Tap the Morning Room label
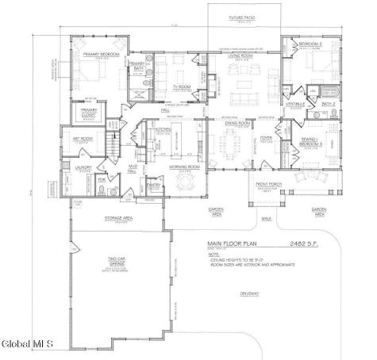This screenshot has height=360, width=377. point(183,167)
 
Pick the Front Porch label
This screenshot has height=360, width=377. point(269,185)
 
